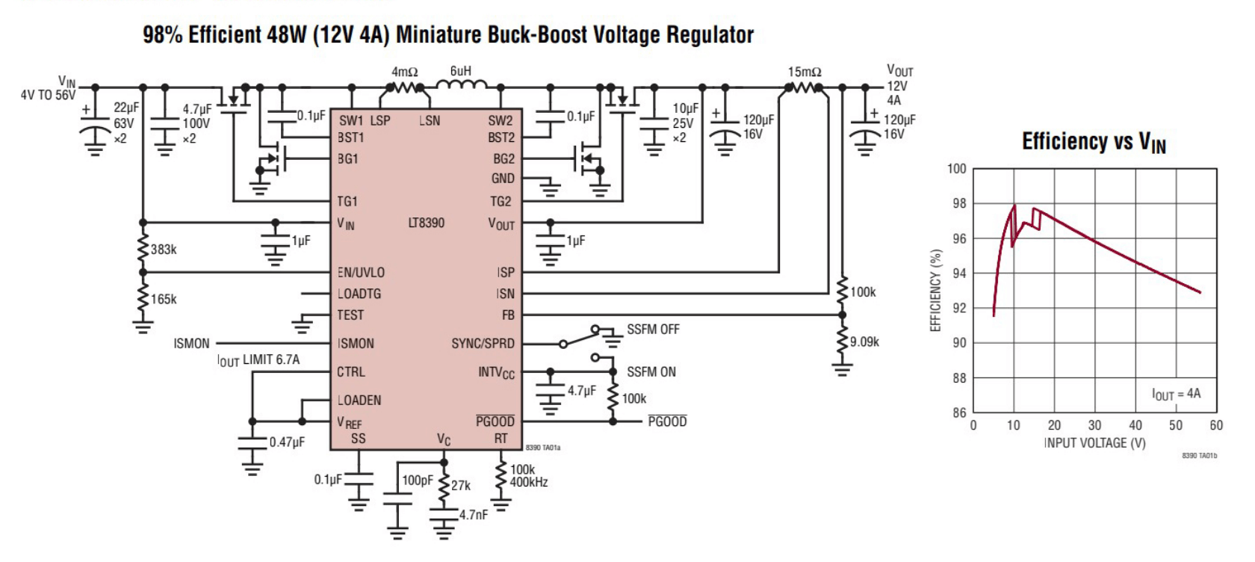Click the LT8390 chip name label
pos(427,223)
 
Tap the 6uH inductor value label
pos(461,72)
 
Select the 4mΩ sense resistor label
pos(405,72)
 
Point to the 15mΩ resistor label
pos(805,72)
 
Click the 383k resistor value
pos(164,250)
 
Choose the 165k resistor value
pos(164,300)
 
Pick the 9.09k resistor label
pos(864,342)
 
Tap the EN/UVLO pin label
pos(361,273)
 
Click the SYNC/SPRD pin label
pos(483,344)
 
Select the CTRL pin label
pos(351,372)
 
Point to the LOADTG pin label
pos(359,294)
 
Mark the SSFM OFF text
pos(653,330)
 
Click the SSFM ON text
pos(651,372)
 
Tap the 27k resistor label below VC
pos(461,486)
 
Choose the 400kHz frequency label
pos(529,483)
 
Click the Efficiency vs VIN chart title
pos(1094,142)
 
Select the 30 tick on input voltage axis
pos(1094,425)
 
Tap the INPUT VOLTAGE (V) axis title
pos(1094,443)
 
